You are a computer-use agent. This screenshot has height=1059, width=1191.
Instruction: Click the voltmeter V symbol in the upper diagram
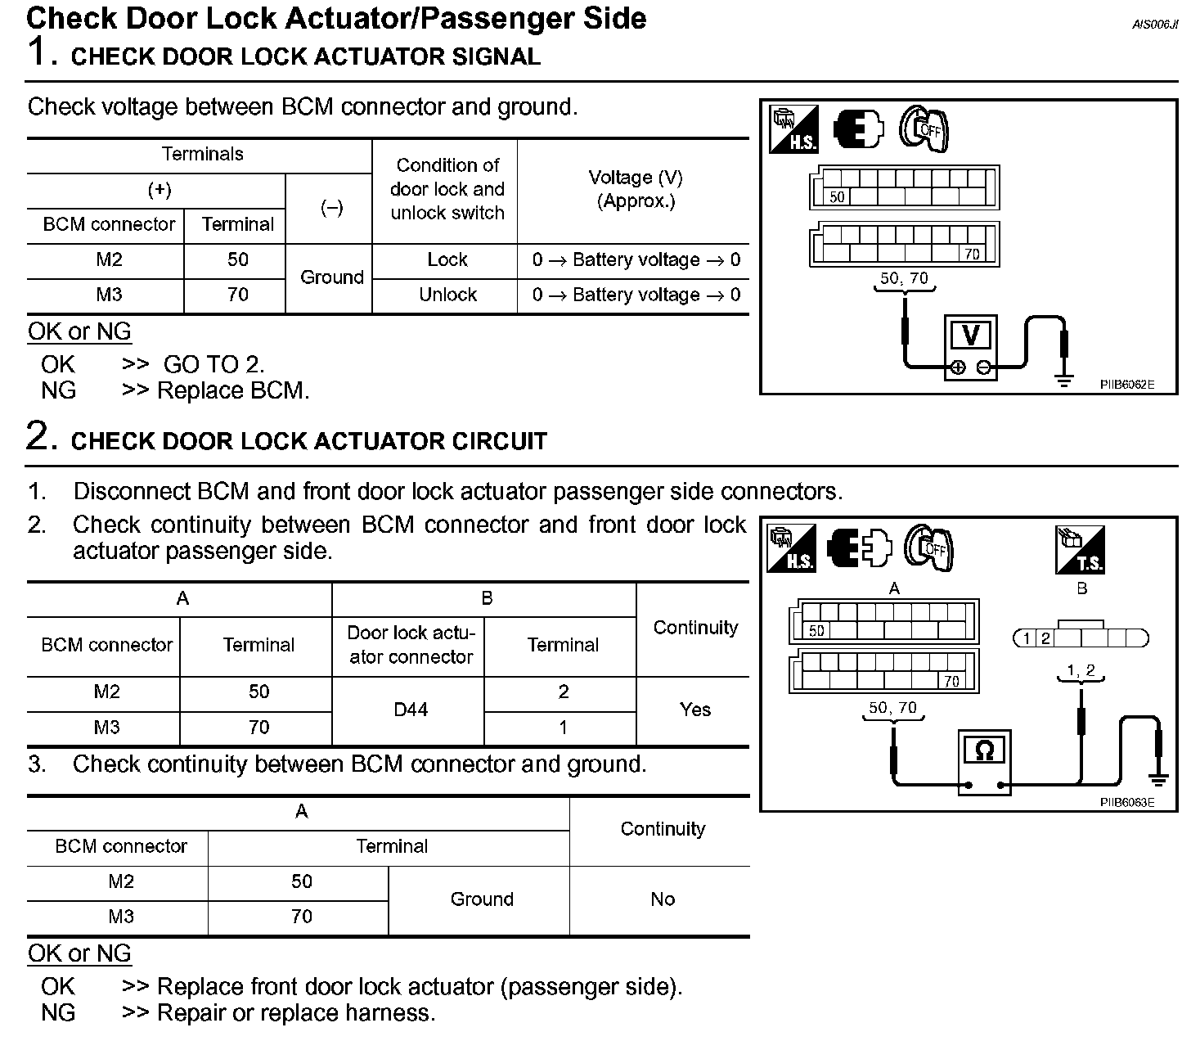coord(971,336)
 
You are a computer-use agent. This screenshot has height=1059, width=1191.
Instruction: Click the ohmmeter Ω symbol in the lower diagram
coord(985,750)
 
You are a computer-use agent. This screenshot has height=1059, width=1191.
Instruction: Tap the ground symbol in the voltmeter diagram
coord(1063,379)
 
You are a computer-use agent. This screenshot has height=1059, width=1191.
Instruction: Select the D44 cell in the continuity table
coord(411,710)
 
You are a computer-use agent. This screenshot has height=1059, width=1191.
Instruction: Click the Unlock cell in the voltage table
coord(447,295)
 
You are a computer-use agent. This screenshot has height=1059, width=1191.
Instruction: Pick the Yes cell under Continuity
coord(694,710)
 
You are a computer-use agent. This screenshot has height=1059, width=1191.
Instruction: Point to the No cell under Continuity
coord(662,899)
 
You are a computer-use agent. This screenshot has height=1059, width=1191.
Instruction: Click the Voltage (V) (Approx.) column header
coord(636,189)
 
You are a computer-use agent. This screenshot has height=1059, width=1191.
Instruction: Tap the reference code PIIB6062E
coord(1126,385)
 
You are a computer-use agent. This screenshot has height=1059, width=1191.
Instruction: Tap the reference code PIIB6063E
coord(1126,802)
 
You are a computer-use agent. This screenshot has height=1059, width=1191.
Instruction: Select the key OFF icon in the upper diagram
coord(924,129)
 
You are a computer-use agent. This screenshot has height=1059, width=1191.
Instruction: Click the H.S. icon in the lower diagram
coord(791,548)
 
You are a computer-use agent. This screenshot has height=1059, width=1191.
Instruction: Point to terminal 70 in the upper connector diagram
coord(972,255)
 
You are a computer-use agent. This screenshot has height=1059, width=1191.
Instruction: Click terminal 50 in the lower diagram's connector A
coord(816,631)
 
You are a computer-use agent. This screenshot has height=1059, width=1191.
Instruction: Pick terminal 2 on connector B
coord(1045,638)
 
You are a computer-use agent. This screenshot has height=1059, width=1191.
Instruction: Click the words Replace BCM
coord(233,390)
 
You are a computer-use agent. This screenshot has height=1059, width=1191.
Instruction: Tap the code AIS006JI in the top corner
coord(1155,25)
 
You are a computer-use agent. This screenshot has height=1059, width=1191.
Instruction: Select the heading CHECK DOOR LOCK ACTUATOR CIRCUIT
coord(308,441)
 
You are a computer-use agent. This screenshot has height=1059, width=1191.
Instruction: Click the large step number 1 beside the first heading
coord(39,52)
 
